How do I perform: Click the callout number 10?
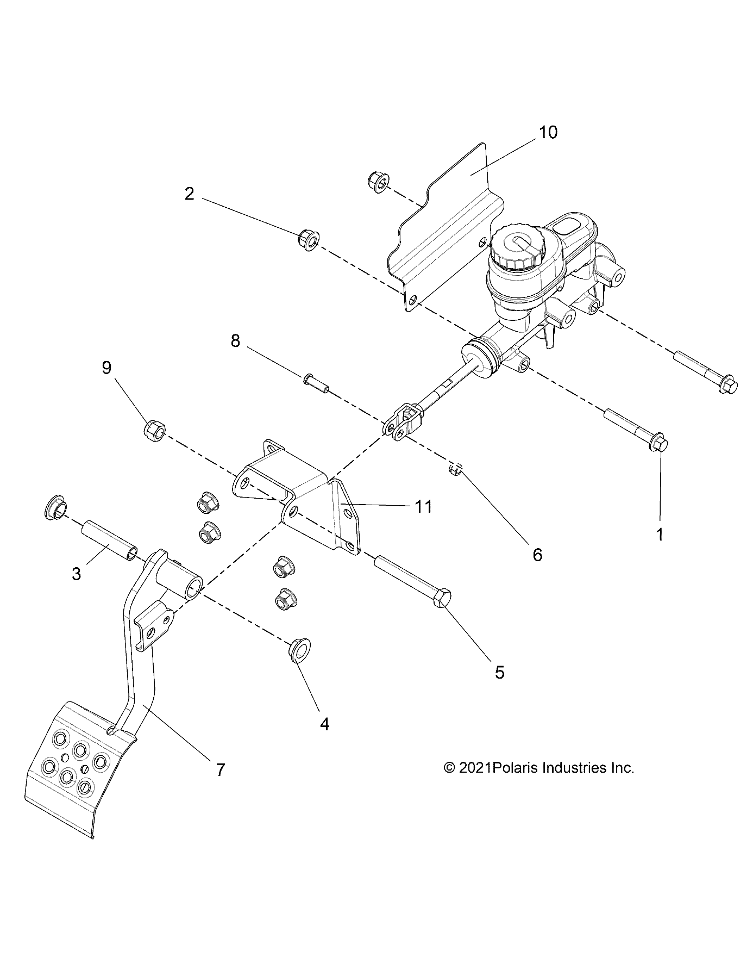548,132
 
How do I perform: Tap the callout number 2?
189,194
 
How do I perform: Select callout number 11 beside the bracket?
423,507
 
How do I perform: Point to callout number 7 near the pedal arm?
220,769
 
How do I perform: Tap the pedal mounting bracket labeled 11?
297,499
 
